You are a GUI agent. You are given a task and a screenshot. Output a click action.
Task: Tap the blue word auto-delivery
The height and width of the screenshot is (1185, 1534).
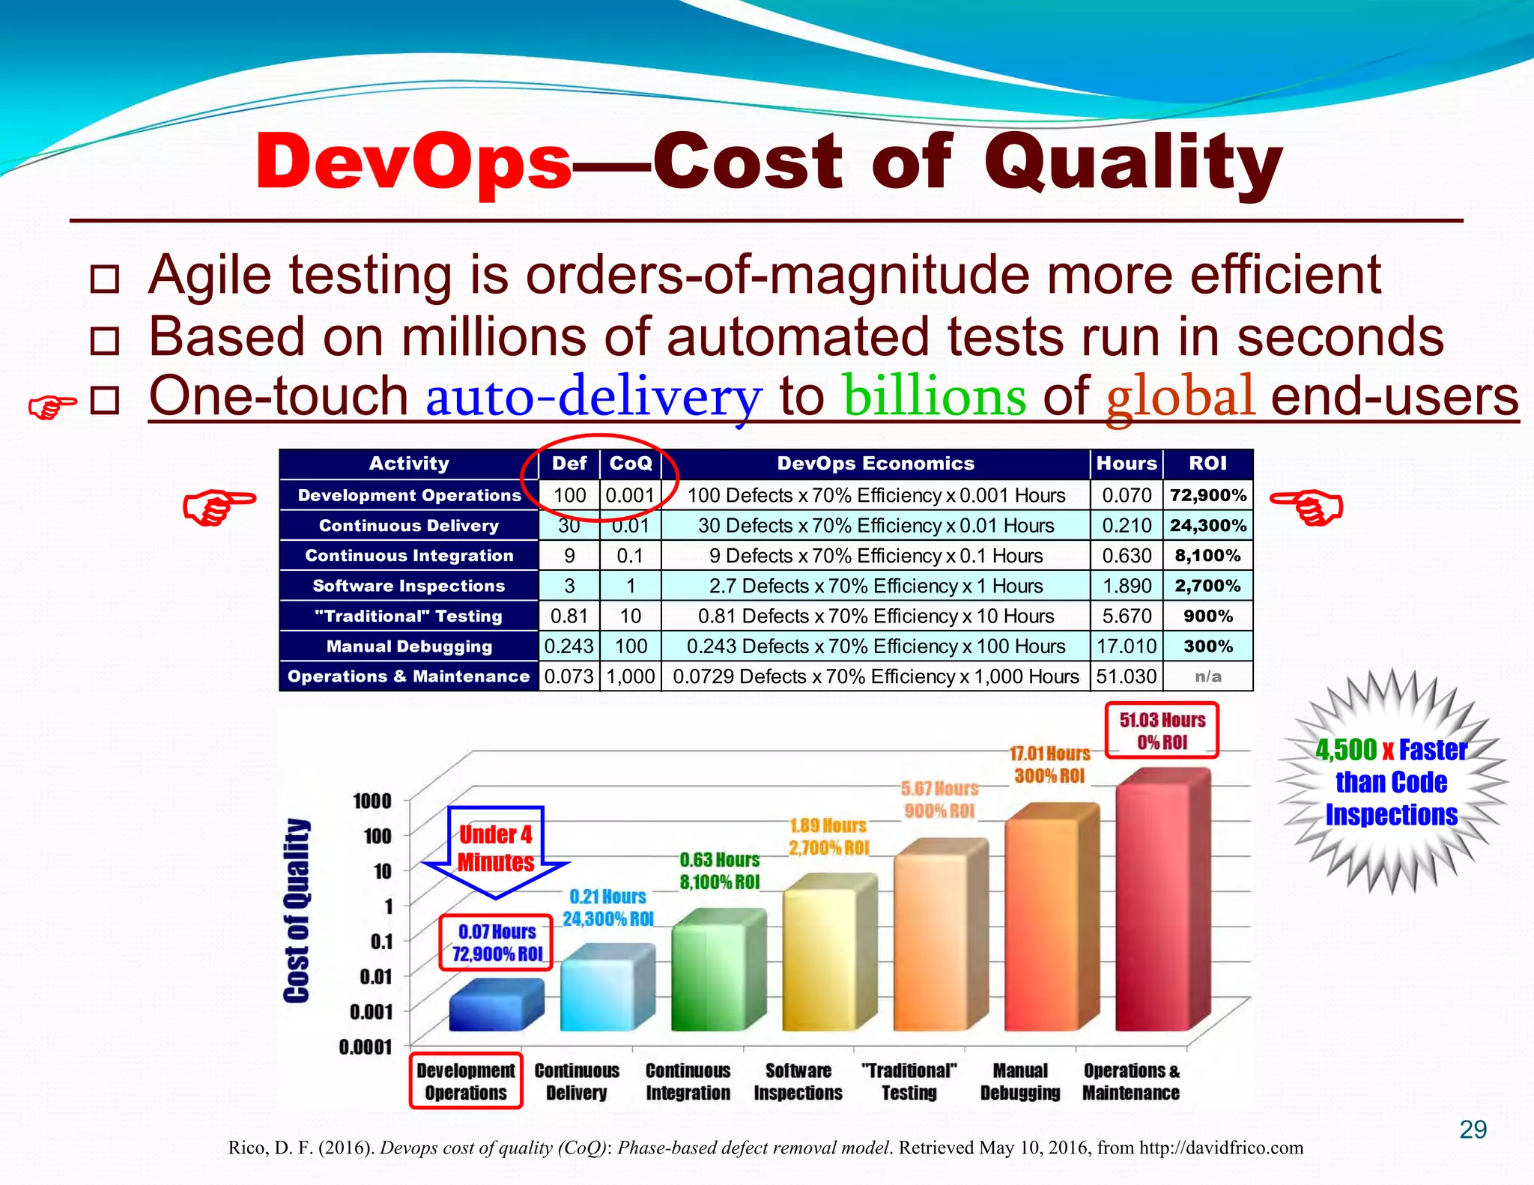coord(594,396)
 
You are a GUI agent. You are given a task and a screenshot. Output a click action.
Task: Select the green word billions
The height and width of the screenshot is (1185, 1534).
coord(934,396)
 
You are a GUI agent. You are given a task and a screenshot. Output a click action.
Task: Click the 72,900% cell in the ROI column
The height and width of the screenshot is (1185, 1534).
coord(1207,495)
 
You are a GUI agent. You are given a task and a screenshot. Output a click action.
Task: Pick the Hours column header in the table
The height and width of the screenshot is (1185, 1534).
coord(1126,464)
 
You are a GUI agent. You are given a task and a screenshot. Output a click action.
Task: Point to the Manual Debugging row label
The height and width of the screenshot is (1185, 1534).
coord(409,646)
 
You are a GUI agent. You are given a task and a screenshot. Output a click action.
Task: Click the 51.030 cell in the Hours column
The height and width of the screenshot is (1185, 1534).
coord(1126,676)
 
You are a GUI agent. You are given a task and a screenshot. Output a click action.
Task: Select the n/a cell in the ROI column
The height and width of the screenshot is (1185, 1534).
coord(1207,676)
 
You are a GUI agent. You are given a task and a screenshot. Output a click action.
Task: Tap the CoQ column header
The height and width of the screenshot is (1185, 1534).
coord(631,464)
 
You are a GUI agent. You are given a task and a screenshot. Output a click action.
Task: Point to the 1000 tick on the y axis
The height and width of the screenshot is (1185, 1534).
coord(372,801)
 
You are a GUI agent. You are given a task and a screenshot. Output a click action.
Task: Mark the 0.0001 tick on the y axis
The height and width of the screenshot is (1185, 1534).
coord(366,1046)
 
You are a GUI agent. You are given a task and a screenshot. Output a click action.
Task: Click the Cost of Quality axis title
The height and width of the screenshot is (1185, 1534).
coord(297,910)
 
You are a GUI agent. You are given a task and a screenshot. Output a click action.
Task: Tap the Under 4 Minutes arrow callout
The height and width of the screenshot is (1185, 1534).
coord(496,849)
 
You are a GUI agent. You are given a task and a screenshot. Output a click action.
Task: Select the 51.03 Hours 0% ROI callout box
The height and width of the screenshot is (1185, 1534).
coord(1162,730)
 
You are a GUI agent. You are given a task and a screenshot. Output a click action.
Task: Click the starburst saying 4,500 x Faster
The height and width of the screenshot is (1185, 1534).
coord(1391,781)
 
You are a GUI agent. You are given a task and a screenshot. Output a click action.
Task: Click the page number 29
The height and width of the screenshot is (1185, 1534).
coord(1473,1129)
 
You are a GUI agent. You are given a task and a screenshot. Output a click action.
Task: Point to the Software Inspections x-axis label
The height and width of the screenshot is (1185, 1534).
coord(798,1082)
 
